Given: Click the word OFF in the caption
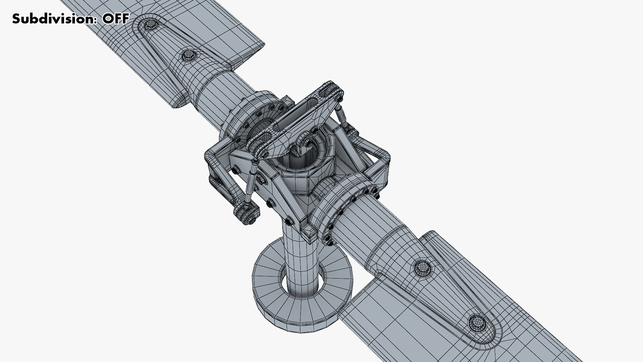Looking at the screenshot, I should tap(115, 19).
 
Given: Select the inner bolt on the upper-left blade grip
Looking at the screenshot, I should tap(188, 55).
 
